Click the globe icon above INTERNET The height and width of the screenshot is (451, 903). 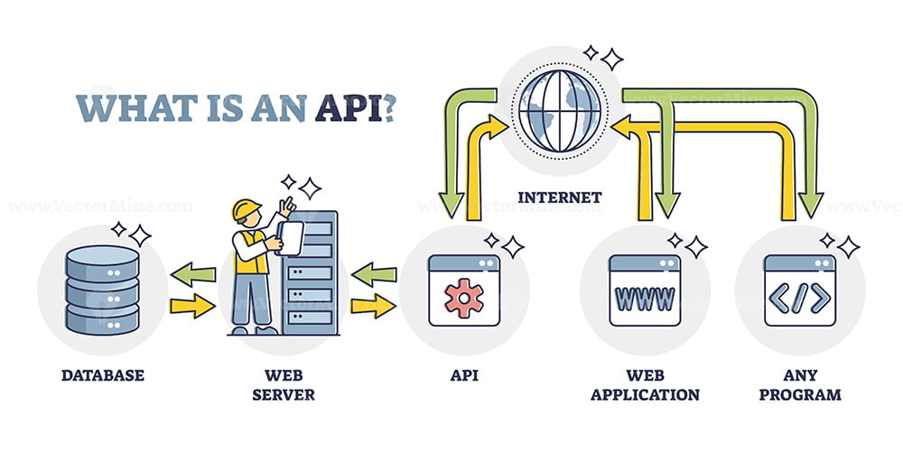559,111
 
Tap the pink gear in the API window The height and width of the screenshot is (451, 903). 464,298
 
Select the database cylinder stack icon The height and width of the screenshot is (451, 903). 103,290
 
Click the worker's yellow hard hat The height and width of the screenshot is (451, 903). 247,209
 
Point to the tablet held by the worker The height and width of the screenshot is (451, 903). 290,238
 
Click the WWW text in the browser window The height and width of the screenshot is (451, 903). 645,298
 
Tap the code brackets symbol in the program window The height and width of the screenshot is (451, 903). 800,298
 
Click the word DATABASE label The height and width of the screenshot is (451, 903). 103,375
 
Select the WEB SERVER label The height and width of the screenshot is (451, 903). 284,385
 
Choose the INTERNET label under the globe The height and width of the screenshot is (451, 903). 559,198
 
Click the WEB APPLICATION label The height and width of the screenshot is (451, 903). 645,385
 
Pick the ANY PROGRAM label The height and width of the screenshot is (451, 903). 800,385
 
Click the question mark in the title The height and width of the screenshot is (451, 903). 388,107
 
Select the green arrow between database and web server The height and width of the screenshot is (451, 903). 193,274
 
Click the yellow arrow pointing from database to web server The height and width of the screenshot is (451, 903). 193,306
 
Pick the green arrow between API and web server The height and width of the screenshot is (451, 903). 374,274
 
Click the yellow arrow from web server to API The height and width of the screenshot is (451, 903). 374,306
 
